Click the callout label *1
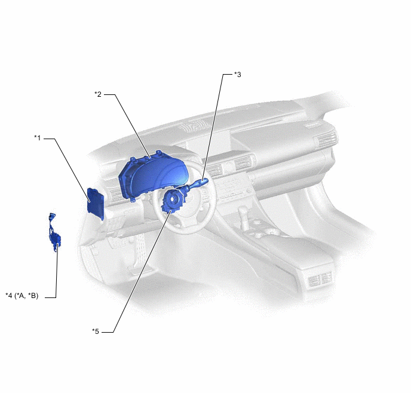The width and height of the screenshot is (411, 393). point(38,137)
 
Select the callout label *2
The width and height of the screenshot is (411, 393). point(98,94)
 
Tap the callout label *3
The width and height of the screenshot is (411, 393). point(237,75)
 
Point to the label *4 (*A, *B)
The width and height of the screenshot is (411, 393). point(22,296)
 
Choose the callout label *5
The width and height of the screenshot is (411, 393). point(96,331)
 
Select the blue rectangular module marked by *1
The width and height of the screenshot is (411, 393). point(96,203)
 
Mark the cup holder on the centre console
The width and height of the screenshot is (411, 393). point(272,232)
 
